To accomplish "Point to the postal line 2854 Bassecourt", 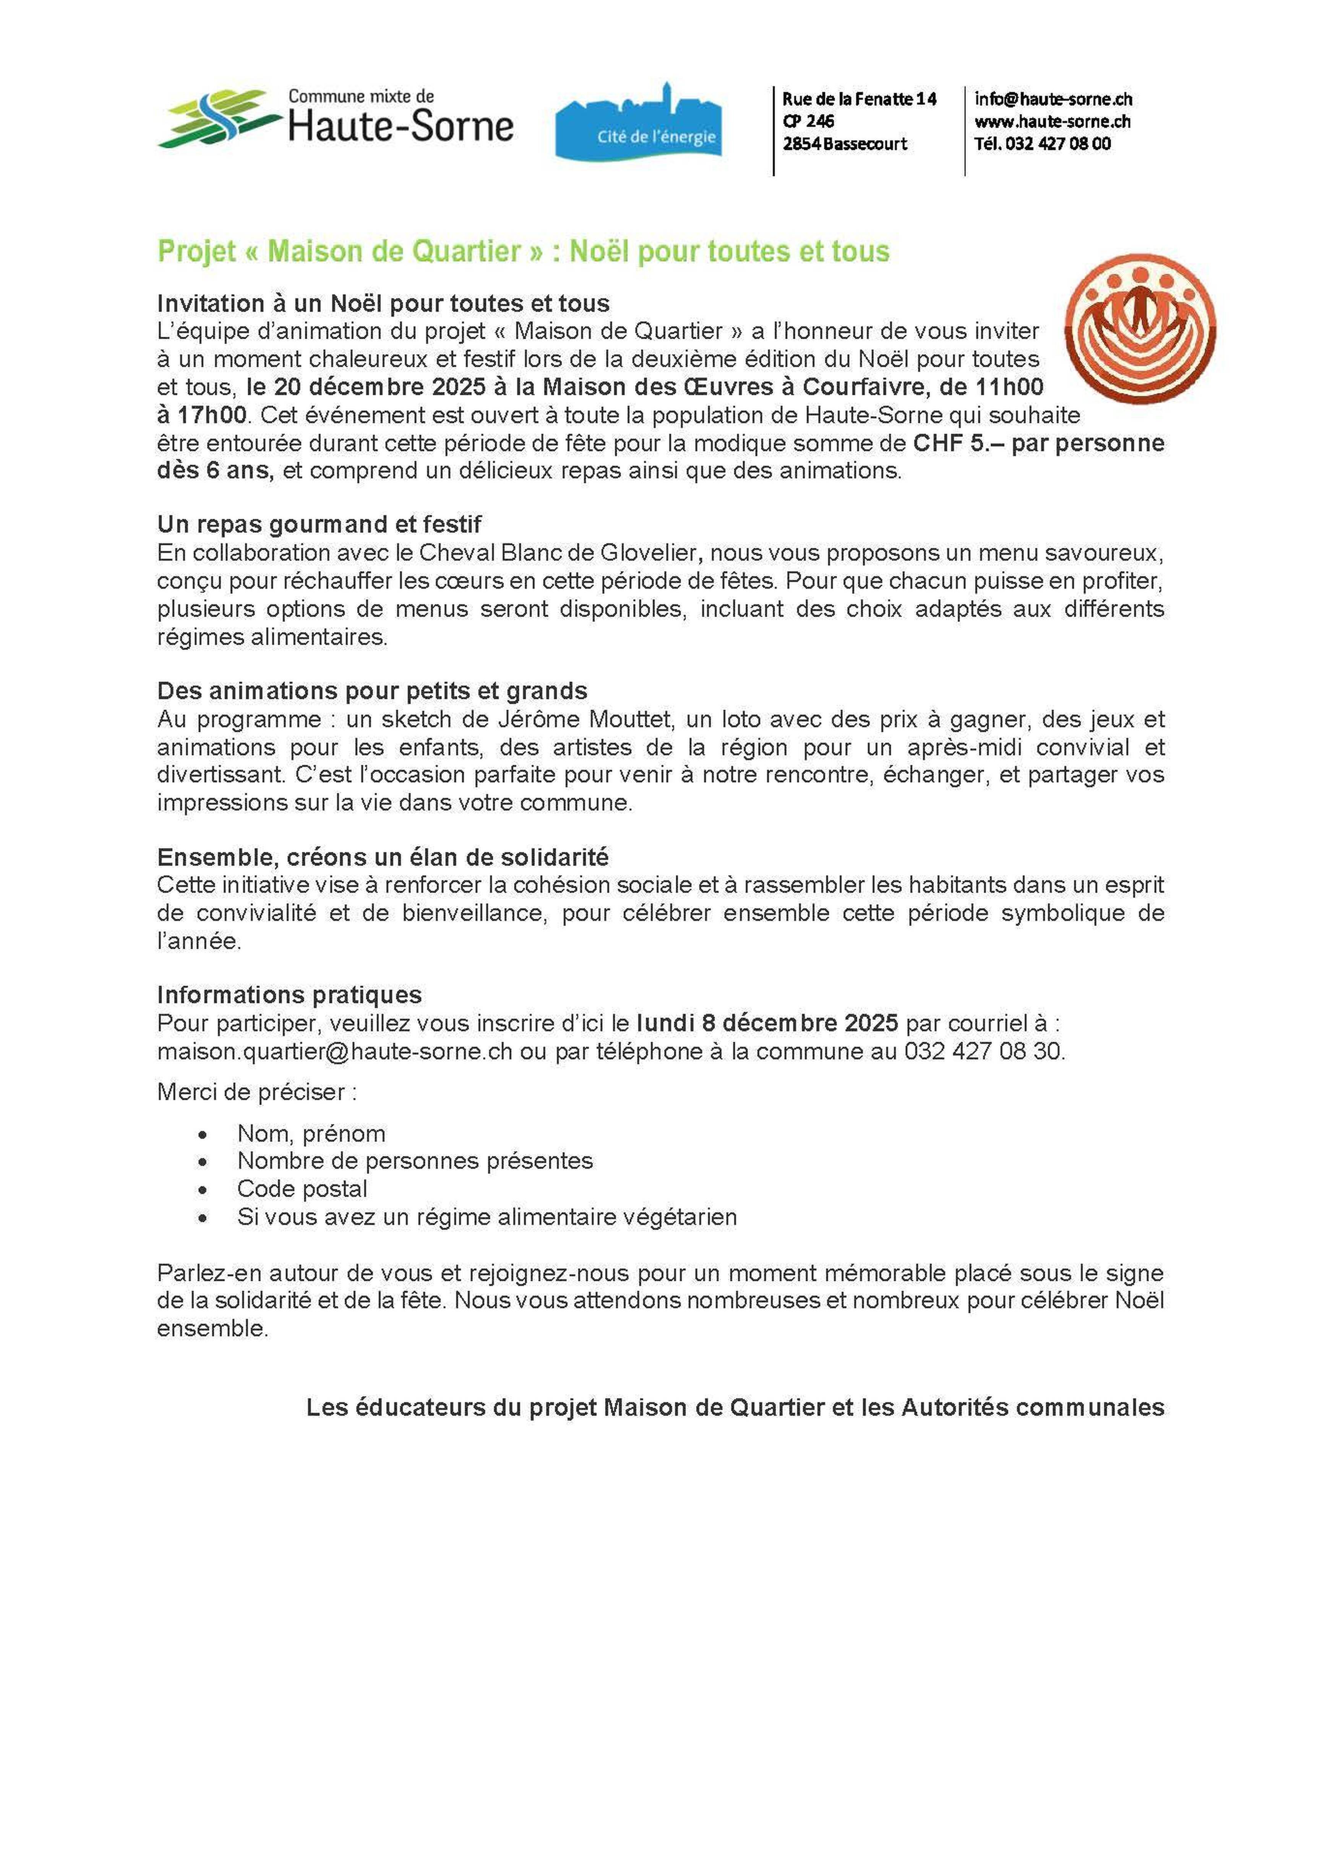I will pyautogui.click(x=844, y=144).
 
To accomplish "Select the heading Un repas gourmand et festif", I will pyautogui.click(x=319, y=524).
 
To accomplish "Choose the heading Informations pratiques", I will pyautogui.click(x=289, y=995).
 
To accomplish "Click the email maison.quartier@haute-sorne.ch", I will pyautogui.click(x=334, y=1052).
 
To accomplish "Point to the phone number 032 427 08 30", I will pyautogui.click(x=983, y=1052).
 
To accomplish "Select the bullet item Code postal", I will pyautogui.click(x=302, y=1189).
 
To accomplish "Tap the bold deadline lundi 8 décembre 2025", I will pyautogui.click(x=767, y=1023).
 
